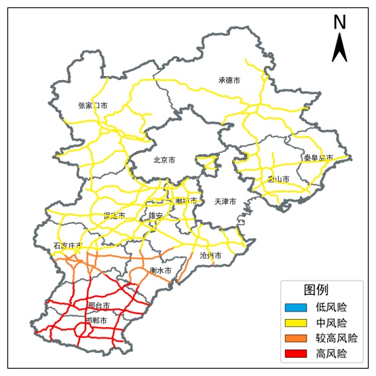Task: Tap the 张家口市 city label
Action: [x=93, y=106]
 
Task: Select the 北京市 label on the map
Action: [x=164, y=161]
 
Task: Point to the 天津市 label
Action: [x=225, y=202]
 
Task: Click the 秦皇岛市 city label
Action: [x=318, y=158]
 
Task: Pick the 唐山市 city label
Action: [x=278, y=180]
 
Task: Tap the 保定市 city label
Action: [x=115, y=216]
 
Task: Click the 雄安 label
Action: [x=156, y=216]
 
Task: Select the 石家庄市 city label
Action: [x=68, y=246]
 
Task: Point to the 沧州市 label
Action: [x=211, y=256]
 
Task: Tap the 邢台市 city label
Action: [x=98, y=305]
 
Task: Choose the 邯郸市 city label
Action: [x=96, y=320]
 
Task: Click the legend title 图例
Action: [x=316, y=290]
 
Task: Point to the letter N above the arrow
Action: [x=340, y=22]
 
